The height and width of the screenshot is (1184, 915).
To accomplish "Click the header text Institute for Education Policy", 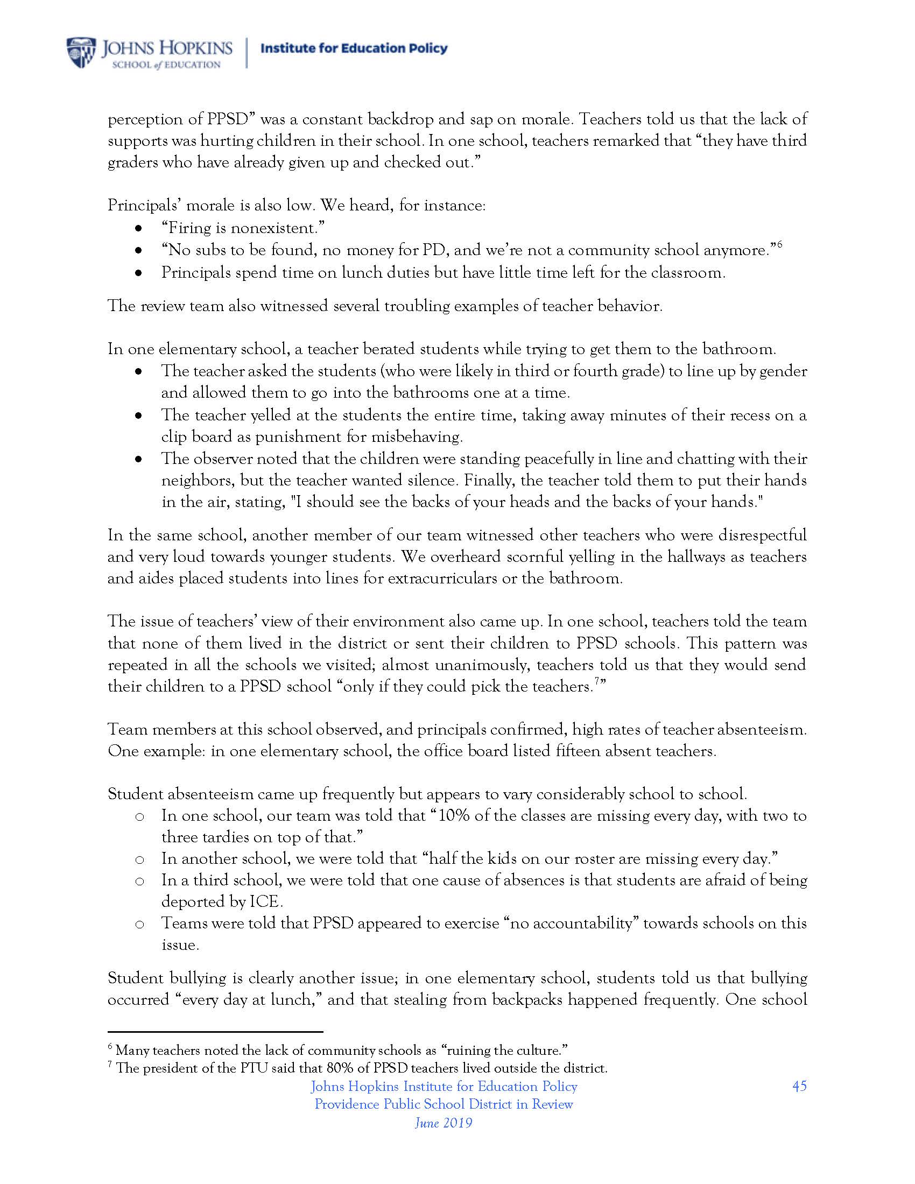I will click(x=354, y=49).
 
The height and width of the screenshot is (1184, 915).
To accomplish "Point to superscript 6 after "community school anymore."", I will click(x=779, y=245).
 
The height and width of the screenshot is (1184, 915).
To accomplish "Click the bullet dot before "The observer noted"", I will click(x=139, y=459).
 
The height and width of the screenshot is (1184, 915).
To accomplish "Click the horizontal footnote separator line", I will click(x=215, y=1032).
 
